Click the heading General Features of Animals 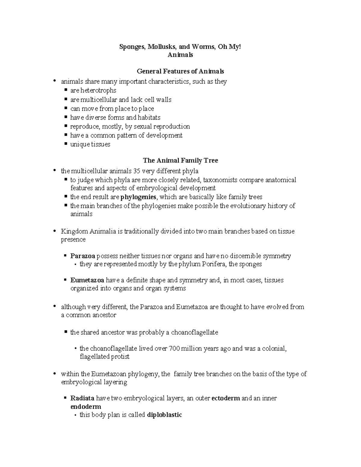coord(180,71)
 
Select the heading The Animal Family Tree coord(180,161)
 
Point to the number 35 coord(136,171)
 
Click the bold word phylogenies coord(138,197)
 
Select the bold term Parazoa coord(83,256)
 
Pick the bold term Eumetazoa coord(87,280)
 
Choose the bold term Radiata coord(82,398)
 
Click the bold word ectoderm coord(226,398)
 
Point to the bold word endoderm coord(86,407)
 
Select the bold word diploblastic coord(165,415)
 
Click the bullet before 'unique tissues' coord(66,144)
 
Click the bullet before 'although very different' coord(54,307)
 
